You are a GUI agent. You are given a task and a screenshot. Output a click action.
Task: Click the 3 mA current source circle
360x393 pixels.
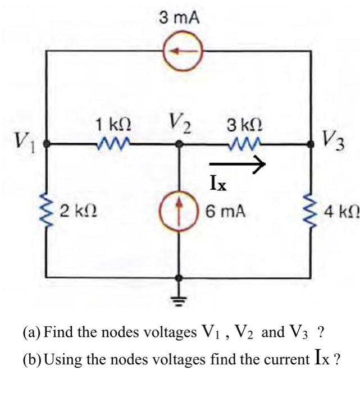(179, 51)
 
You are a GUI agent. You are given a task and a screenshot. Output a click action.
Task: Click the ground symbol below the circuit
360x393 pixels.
(179, 297)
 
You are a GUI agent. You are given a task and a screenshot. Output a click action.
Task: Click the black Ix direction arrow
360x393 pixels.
(236, 164)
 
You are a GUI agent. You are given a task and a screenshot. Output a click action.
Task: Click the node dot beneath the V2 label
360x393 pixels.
(179, 144)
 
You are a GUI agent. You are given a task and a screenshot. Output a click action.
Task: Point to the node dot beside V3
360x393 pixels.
(312, 144)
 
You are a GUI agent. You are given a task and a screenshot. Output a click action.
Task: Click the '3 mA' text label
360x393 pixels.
(179, 18)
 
